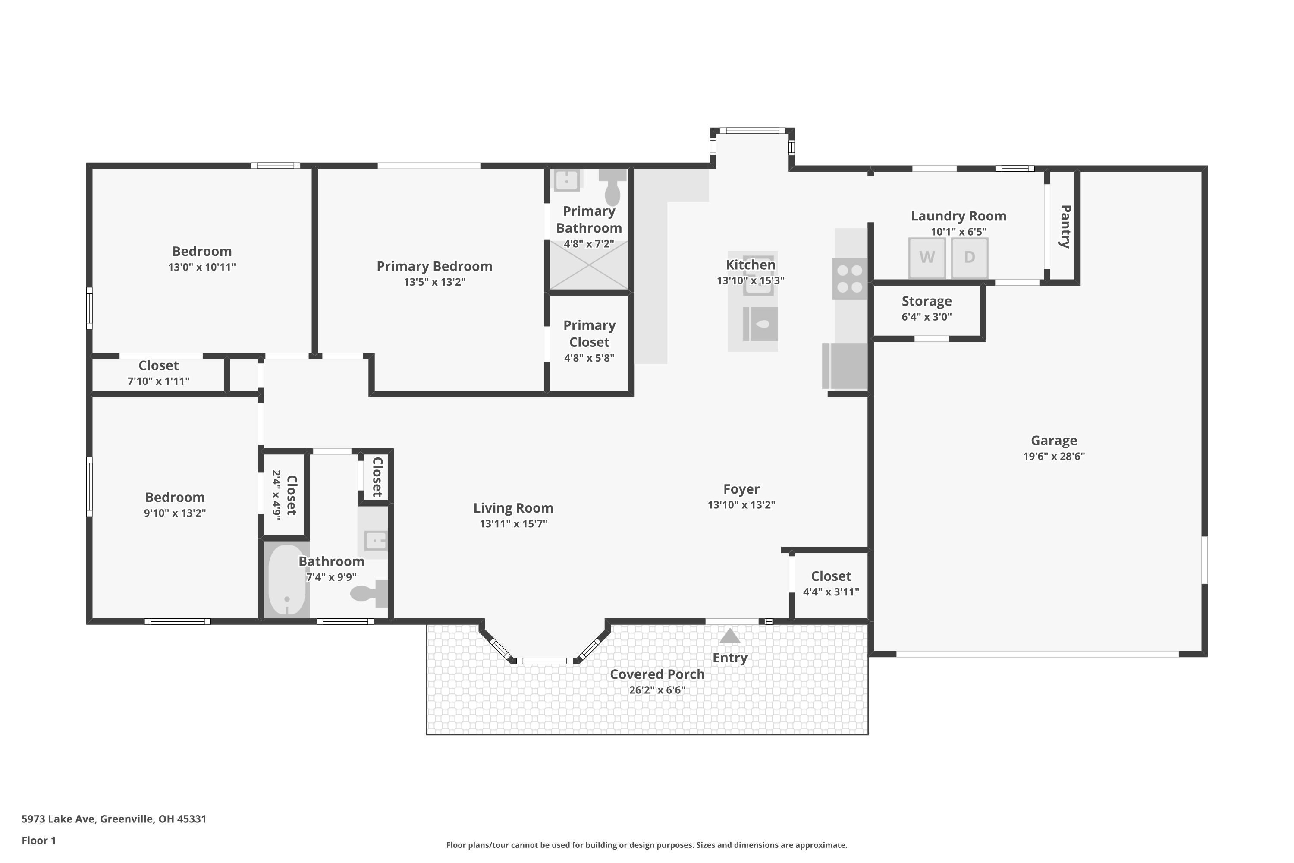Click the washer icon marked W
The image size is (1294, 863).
click(927, 257)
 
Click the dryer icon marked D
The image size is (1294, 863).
click(969, 257)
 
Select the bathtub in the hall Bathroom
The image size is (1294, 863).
click(286, 581)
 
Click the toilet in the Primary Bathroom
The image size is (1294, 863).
click(612, 188)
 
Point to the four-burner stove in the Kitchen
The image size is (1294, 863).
click(849, 278)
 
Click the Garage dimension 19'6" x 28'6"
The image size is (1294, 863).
click(1054, 456)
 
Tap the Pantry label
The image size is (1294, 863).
click(1065, 226)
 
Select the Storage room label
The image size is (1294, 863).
click(927, 301)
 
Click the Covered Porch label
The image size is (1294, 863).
click(657, 674)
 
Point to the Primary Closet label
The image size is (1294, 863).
click(589, 334)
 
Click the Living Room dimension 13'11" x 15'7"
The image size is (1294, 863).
click(513, 523)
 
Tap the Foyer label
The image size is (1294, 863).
click(741, 489)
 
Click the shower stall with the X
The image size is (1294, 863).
click(589, 265)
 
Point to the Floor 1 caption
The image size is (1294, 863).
click(38, 841)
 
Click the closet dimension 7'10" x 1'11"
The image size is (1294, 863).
click(158, 381)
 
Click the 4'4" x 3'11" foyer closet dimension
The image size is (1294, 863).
click(831, 592)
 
